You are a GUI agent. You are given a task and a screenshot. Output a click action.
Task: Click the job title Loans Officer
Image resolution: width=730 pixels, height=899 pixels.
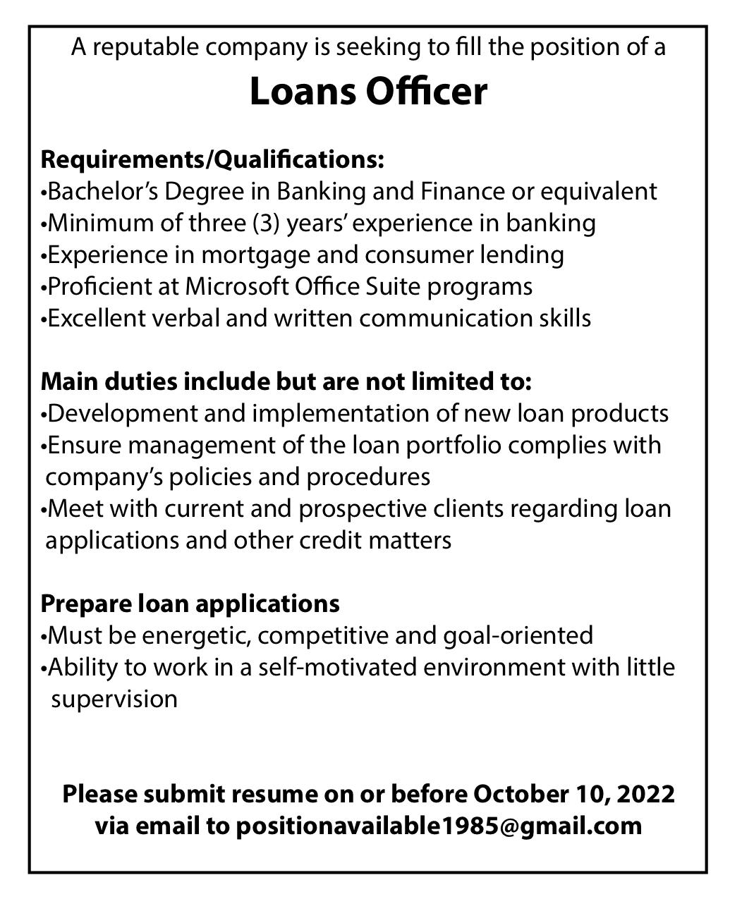tap(368, 92)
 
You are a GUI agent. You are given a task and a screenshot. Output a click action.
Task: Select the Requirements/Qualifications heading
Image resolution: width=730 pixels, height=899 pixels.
tap(212, 159)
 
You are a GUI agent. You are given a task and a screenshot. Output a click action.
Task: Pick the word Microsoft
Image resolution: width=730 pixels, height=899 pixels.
tap(236, 286)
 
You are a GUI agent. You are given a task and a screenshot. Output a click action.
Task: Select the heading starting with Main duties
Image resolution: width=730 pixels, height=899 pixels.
tap(286, 381)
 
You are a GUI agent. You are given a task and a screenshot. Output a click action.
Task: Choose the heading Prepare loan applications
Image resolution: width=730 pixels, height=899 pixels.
tap(190, 604)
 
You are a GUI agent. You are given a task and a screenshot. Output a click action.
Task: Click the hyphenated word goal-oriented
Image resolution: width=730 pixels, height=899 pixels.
tap(518, 635)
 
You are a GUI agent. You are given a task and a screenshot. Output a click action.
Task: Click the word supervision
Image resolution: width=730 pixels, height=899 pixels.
tap(114, 699)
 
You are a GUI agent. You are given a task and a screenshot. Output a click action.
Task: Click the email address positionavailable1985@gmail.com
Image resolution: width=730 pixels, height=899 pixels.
tap(439, 826)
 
